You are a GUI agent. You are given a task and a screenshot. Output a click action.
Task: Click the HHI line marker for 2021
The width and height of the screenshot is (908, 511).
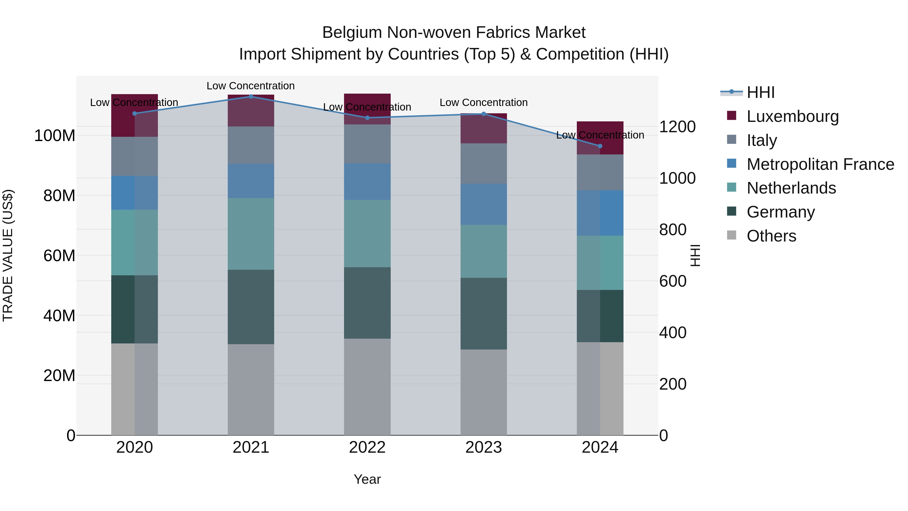coord(251,96)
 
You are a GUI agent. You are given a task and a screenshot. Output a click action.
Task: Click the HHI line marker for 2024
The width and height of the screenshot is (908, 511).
coord(600,146)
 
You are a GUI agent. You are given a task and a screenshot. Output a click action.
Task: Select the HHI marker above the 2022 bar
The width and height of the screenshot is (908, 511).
coord(367,118)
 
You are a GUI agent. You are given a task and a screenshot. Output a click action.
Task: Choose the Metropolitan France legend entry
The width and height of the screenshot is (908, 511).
coord(820,164)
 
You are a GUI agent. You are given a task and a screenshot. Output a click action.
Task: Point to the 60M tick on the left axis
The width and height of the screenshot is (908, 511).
coord(59,256)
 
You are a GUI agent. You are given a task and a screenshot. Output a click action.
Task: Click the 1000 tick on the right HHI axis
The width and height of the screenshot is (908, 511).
coord(677,178)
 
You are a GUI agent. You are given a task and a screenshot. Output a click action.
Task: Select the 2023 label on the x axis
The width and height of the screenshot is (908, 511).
coord(484,447)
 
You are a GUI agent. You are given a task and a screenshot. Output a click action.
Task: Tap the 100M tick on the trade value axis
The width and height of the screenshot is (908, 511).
coord(55,136)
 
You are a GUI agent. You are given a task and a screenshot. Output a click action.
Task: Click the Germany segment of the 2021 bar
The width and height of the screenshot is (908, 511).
coord(251,307)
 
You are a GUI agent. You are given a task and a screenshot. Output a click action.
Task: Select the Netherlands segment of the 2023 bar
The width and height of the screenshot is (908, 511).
coord(484,251)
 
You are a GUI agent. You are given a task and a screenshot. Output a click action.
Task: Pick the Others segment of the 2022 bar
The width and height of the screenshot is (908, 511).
coord(367,387)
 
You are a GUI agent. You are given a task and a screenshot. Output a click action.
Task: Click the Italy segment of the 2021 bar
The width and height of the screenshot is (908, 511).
coord(251,145)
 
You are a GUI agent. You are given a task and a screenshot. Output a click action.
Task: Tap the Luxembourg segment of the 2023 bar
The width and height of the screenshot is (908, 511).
coord(484,128)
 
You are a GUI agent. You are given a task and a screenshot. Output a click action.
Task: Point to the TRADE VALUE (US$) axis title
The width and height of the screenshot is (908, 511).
coord(8,255)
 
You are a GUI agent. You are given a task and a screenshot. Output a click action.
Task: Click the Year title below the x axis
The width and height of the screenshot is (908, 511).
coord(367,479)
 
